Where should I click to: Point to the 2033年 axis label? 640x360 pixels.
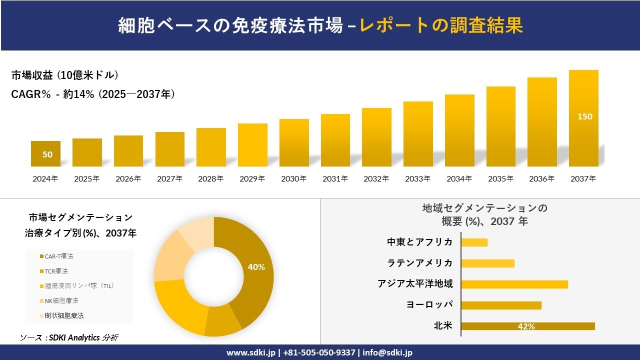417,178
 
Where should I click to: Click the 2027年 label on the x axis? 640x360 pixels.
169,178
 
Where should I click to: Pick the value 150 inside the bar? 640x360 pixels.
584,116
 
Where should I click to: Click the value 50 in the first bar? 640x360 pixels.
47,154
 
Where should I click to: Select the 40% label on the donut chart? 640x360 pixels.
256,267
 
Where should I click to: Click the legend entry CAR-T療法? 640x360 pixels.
58,256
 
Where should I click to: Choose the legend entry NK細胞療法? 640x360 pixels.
61,301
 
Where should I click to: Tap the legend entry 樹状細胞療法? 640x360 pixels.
63,316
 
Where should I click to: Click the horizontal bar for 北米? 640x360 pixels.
527,326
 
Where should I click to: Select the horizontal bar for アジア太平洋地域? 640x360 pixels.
514,284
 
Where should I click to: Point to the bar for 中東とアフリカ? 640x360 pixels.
474,242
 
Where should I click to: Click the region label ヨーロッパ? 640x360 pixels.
429,305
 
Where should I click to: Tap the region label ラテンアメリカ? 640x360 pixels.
420,263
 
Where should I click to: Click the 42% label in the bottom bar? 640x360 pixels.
526,326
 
